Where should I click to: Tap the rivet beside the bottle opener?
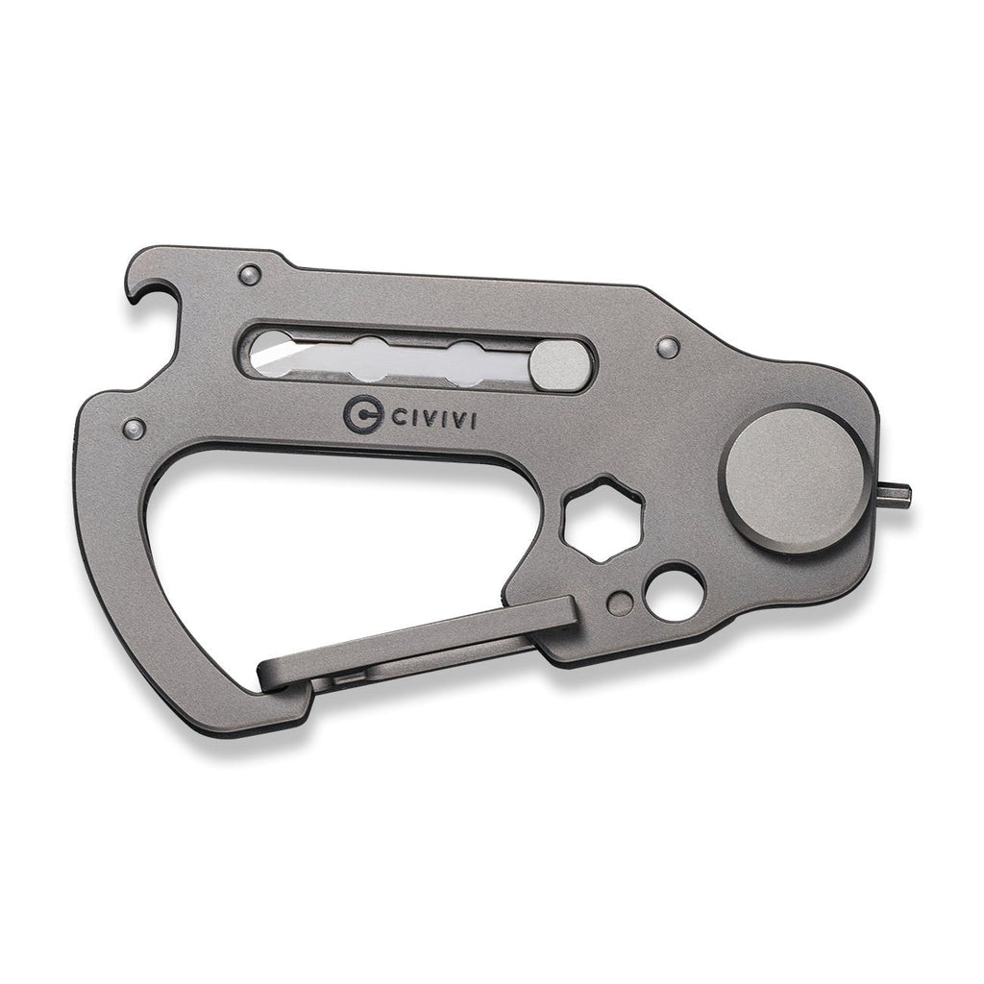[x=251, y=274]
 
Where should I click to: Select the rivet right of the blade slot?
[x=668, y=346]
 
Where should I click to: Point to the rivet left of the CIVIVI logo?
[x=135, y=429]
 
